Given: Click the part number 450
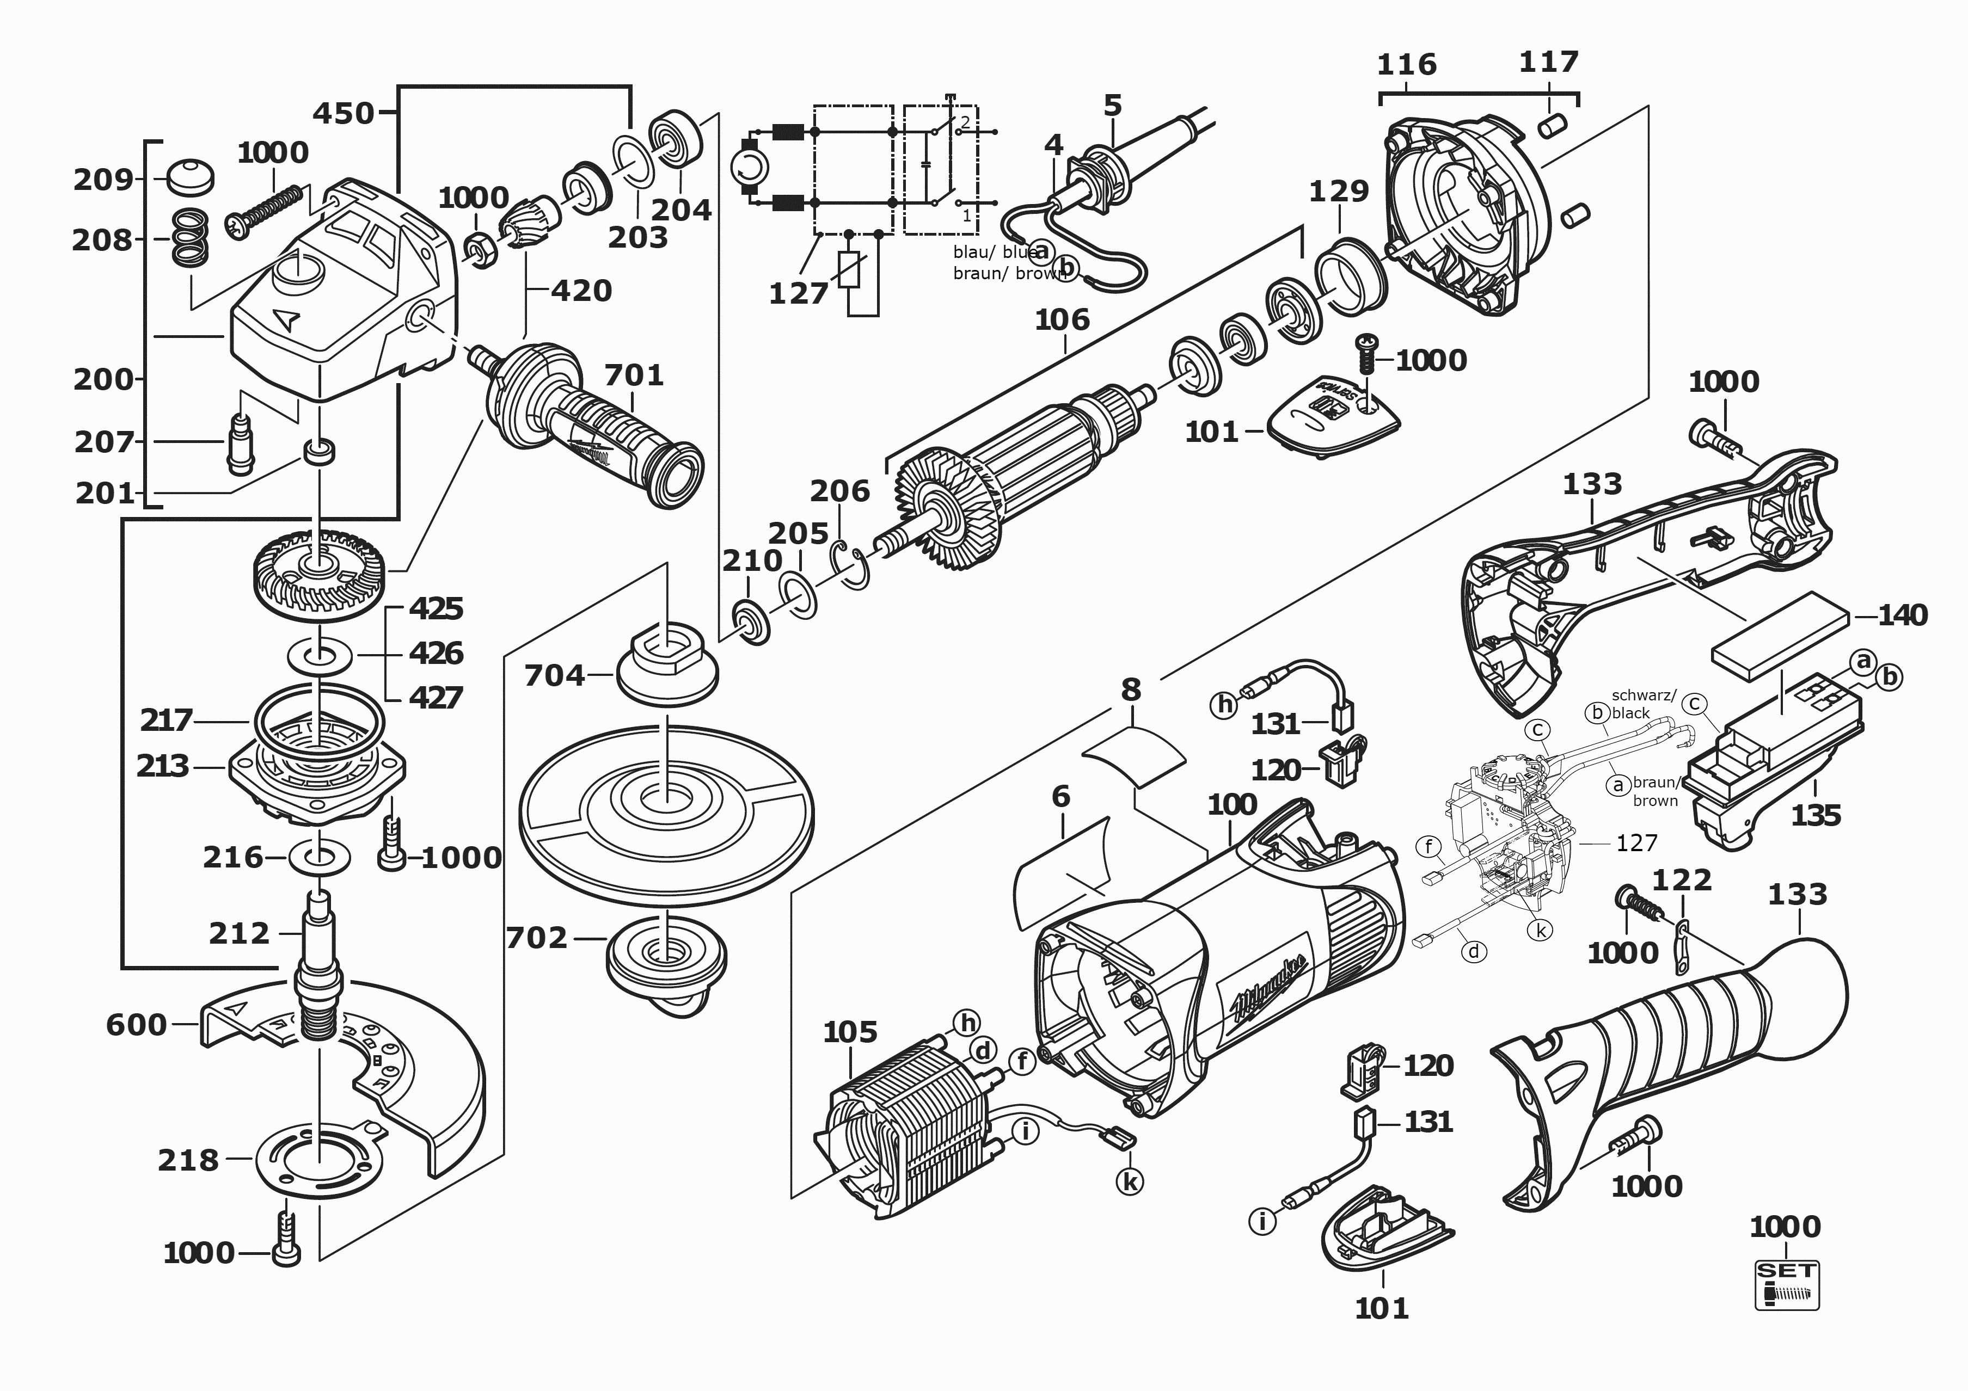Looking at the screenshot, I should (x=343, y=113).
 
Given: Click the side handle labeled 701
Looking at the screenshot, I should (x=591, y=428).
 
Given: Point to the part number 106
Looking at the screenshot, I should (x=1062, y=319).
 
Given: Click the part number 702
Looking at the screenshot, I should (x=537, y=938).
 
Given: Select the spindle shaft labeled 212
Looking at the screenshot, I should (x=319, y=960).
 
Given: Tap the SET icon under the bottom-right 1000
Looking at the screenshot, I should (x=1786, y=1284).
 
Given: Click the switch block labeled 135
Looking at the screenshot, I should (x=1765, y=771).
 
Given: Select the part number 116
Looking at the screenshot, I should (x=1407, y=64).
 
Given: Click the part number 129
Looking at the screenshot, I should (x=1339, y=190).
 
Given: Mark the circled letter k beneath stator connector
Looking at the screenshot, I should (x=1131, y=1182).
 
